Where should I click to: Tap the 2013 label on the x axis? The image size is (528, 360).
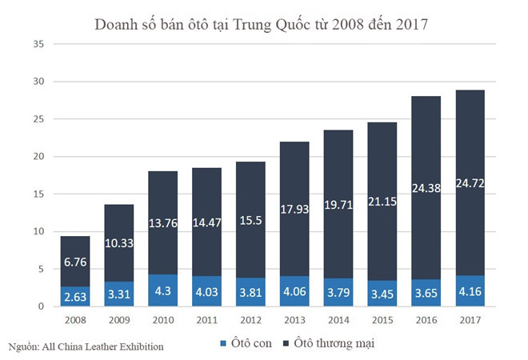tap(294, 318)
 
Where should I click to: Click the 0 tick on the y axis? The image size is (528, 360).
tap(36, 306)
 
